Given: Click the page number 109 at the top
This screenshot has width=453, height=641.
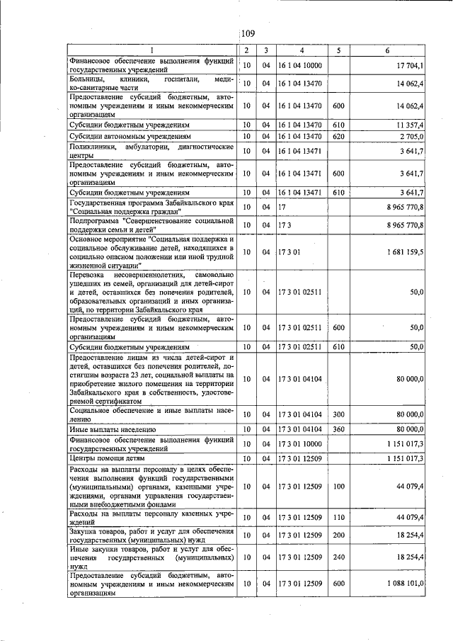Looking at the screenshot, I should click(248, 33).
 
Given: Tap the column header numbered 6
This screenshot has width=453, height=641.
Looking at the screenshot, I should click(386, 50).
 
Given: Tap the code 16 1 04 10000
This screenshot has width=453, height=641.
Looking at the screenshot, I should click(300, 65).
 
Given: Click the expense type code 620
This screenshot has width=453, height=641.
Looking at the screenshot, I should click(338, 135).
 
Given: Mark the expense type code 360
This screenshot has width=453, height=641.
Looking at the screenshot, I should click(338, 429).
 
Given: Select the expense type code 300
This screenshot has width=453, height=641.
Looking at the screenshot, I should click(338, 414).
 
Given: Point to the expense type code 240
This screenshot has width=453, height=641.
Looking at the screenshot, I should click(338, 558).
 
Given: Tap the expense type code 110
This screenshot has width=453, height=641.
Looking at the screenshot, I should click(338, 518).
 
